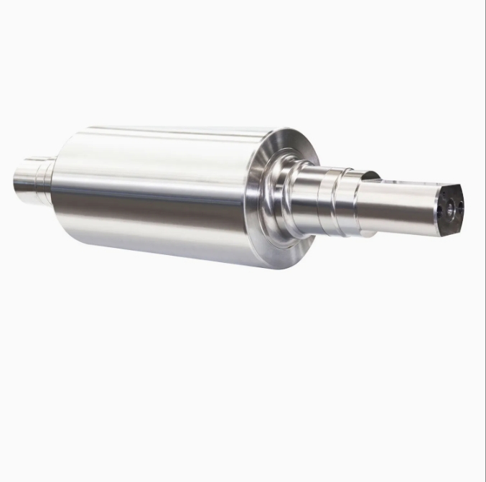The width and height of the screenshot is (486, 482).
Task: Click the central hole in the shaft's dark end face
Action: coord(452,209)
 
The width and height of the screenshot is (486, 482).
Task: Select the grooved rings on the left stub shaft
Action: coord(46,180)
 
